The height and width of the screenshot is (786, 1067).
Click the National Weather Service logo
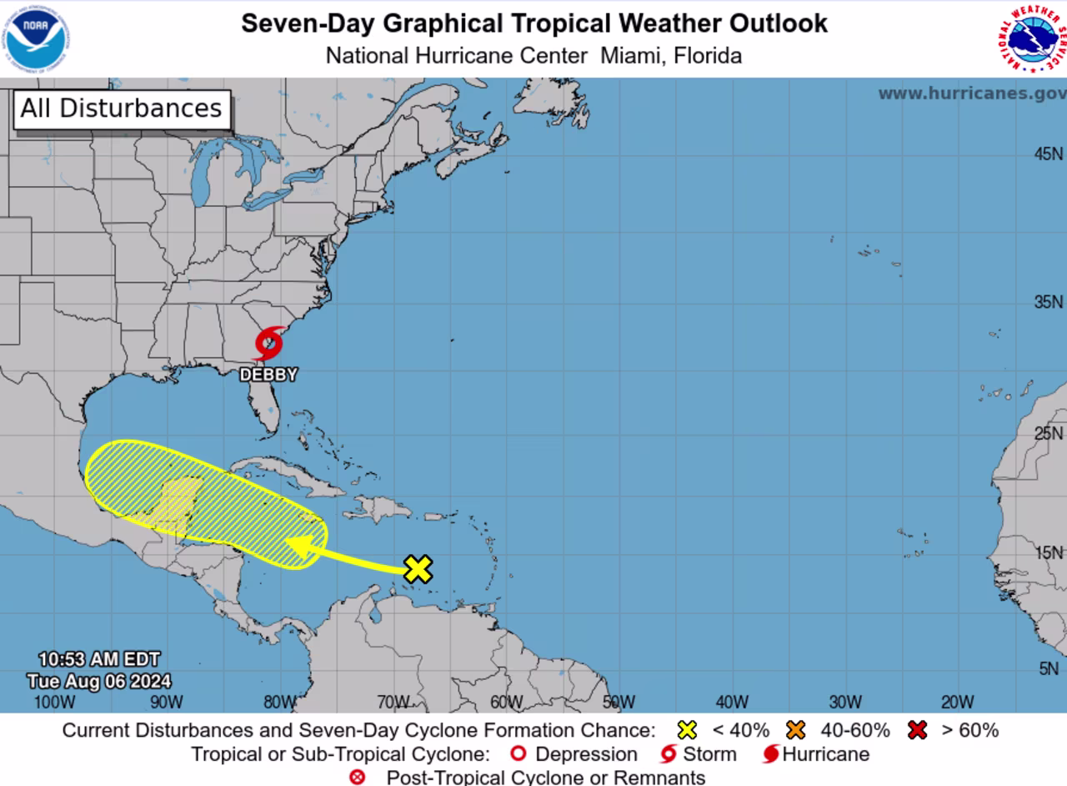[1031, 38]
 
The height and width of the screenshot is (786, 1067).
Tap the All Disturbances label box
[121, 108]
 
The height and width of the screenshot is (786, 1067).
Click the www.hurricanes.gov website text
[972, 93]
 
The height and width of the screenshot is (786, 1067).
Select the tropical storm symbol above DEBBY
[268, 342]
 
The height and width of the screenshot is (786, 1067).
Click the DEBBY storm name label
[268, 375]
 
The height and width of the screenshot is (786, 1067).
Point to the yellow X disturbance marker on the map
[418, 568]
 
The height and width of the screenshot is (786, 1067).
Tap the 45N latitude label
[1048, 154]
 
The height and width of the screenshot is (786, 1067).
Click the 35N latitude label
[1048, 302]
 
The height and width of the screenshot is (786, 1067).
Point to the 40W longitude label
[731, 702]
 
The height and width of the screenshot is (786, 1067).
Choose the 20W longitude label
[957, 702]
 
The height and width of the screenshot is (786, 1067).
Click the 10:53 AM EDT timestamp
[99, 660]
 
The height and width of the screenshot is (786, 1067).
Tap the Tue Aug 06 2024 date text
[99, 681]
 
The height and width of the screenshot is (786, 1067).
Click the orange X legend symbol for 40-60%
[796, 730]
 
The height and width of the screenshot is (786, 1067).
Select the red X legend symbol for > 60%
[918, 730]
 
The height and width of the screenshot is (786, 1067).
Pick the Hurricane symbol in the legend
[771, 754]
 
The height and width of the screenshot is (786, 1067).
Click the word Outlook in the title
[775, 23]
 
